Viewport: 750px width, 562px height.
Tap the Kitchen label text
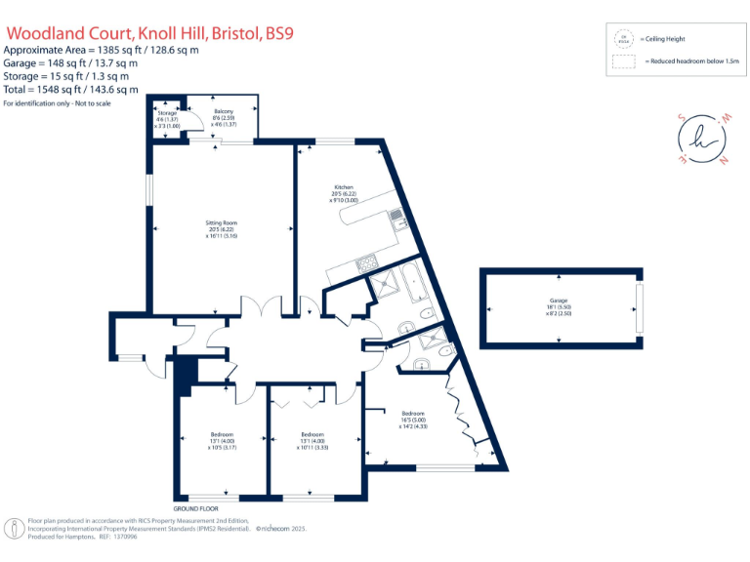343,187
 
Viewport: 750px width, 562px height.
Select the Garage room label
558,301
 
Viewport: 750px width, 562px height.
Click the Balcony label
225,112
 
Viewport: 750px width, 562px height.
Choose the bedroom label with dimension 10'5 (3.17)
222,435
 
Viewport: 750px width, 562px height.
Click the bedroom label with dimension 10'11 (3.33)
312,435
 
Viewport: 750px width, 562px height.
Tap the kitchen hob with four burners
366,261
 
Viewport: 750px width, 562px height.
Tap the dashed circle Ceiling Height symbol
622,39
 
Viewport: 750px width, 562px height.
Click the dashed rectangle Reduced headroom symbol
622,60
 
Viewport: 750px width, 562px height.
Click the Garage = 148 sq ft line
70,62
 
